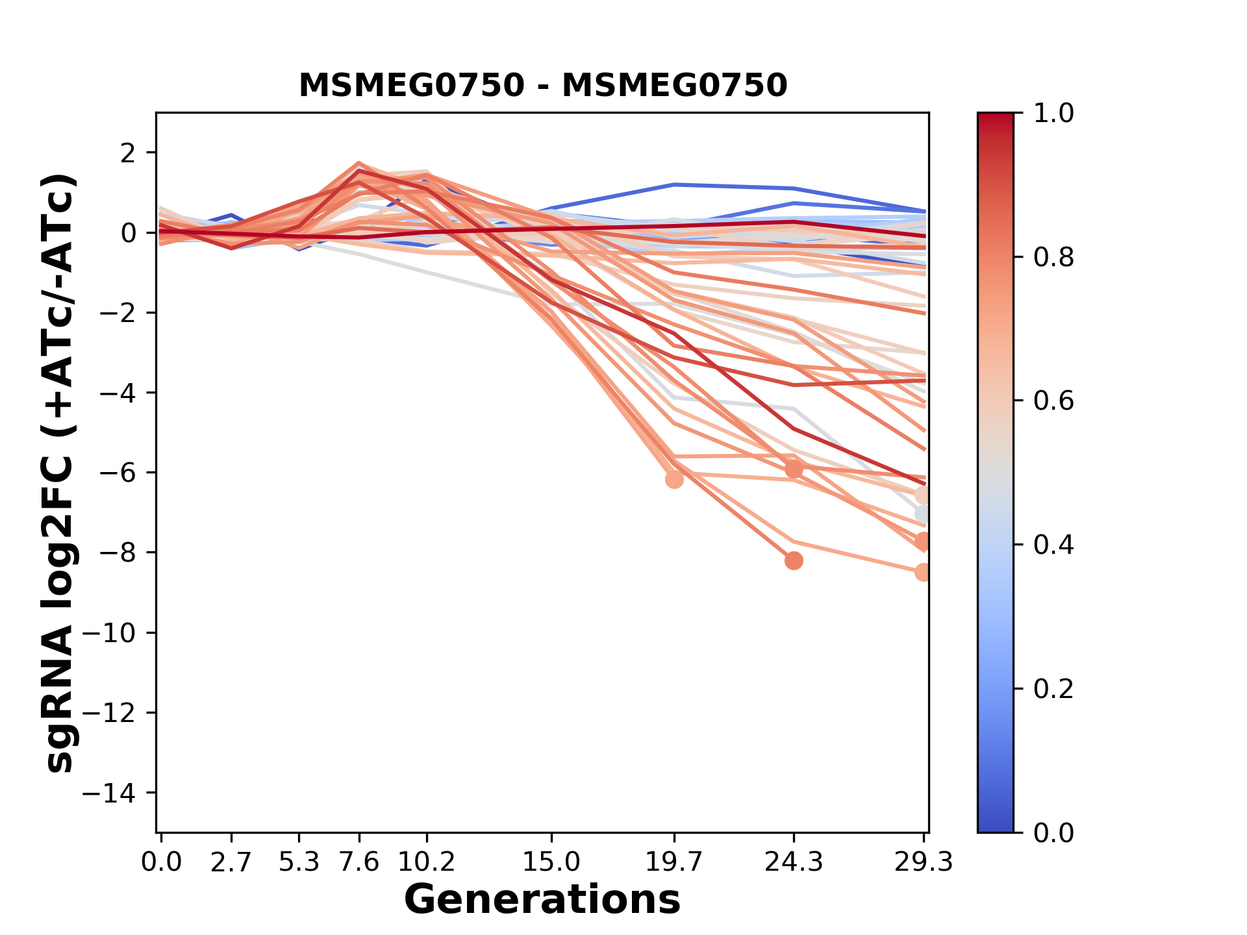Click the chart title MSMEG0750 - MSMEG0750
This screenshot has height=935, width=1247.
[x=543, y=86]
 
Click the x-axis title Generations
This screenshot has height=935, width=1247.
[x=542, y=900]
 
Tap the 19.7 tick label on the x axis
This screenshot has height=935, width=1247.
[x=674, y=862]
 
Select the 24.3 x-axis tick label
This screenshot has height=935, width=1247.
[x=793, y=862]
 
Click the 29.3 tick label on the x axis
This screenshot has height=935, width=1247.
[x=923, y=862]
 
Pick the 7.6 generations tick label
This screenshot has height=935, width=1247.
[x=359, y=862]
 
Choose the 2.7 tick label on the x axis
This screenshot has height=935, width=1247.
[x=231, y=862]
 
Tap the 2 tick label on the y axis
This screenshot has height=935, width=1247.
[x=129, y=153]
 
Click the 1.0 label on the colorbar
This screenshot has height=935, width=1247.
[x=1053, y=114]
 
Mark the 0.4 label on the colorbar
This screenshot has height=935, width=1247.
[x=1053, y=545]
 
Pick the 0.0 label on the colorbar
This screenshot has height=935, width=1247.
[x=1053, y=832]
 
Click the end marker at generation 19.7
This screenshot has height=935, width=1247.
[x=674, y=479]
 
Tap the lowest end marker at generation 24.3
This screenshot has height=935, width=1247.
[x=793, y=560]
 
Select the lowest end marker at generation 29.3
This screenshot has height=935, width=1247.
[x=923, y=572]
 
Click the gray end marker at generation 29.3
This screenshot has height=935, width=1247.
[x=923, y=514]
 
